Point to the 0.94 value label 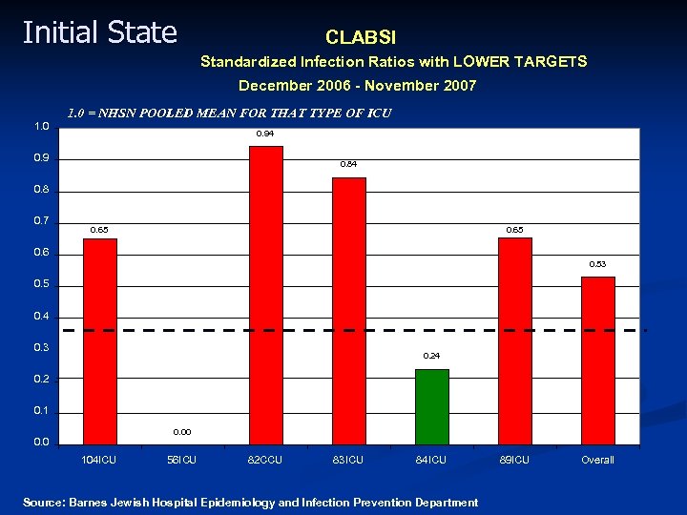tap(265, 134)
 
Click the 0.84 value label tap(348, 165)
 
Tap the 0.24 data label tap(431, 356)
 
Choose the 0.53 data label tap(597, 264)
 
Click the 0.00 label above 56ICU tap(182, 432)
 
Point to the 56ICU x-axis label tap(181, 460)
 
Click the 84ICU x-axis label tap(431, 460)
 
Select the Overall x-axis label tap(597, 460)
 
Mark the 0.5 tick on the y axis tap(41, 285)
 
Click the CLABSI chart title tap(361, 38)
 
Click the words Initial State tap(99, 32)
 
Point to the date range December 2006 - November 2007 tap(357, 86)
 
